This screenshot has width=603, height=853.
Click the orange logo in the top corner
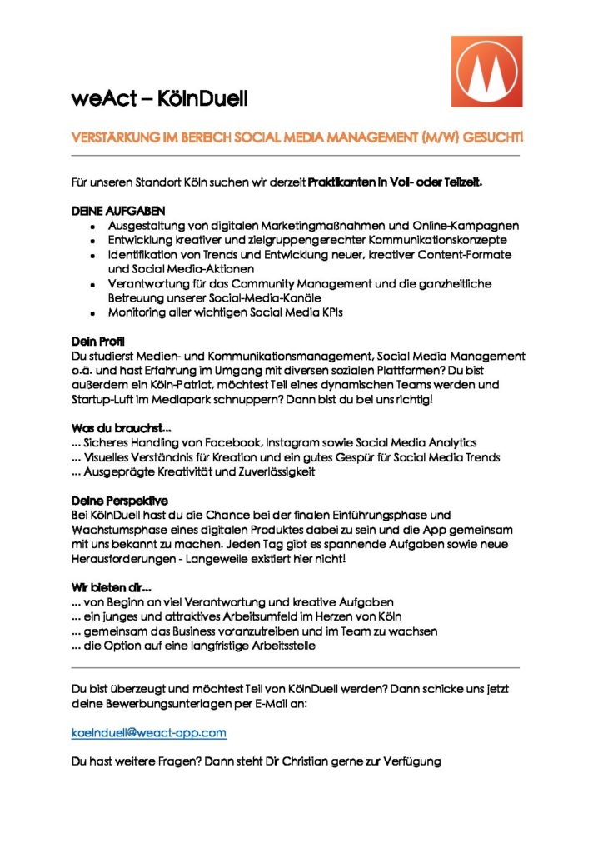486,71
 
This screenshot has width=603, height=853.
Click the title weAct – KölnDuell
159,98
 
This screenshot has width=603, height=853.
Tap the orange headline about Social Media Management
297,136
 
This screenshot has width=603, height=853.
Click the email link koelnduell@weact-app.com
149,732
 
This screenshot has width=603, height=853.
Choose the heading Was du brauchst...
122,428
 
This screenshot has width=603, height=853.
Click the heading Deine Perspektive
120,501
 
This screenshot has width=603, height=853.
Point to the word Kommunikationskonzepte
425,240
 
